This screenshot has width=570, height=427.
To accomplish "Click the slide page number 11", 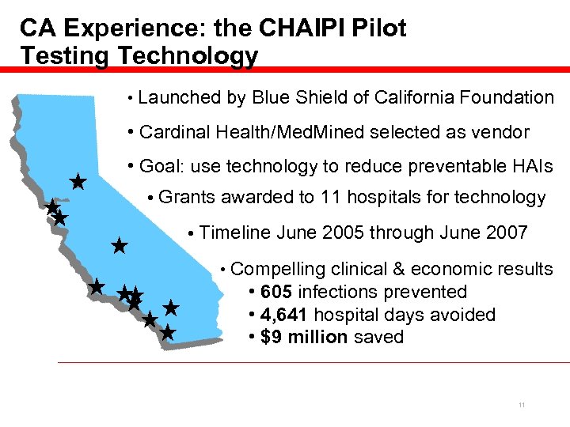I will (x=522, y=406).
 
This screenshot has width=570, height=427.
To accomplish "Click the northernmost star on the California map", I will (x=78, y=182).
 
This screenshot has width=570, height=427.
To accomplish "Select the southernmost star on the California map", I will (x=167, y=333).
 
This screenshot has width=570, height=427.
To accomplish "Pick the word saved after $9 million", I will (x=378, y=337).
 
